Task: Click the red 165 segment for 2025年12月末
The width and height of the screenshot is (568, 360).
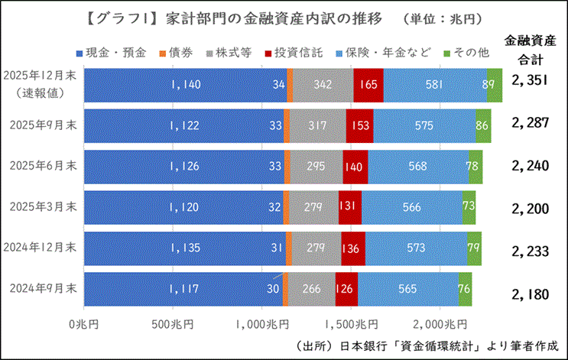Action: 368,85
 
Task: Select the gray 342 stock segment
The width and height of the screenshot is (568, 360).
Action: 323,85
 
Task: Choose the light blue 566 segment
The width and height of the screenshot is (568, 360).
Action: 412,206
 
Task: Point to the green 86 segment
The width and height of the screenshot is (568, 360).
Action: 482,125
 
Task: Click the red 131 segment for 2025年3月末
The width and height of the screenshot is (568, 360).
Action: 349,206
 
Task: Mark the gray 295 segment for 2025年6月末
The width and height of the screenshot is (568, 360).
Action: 316,166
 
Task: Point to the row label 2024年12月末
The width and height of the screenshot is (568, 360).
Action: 41,247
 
